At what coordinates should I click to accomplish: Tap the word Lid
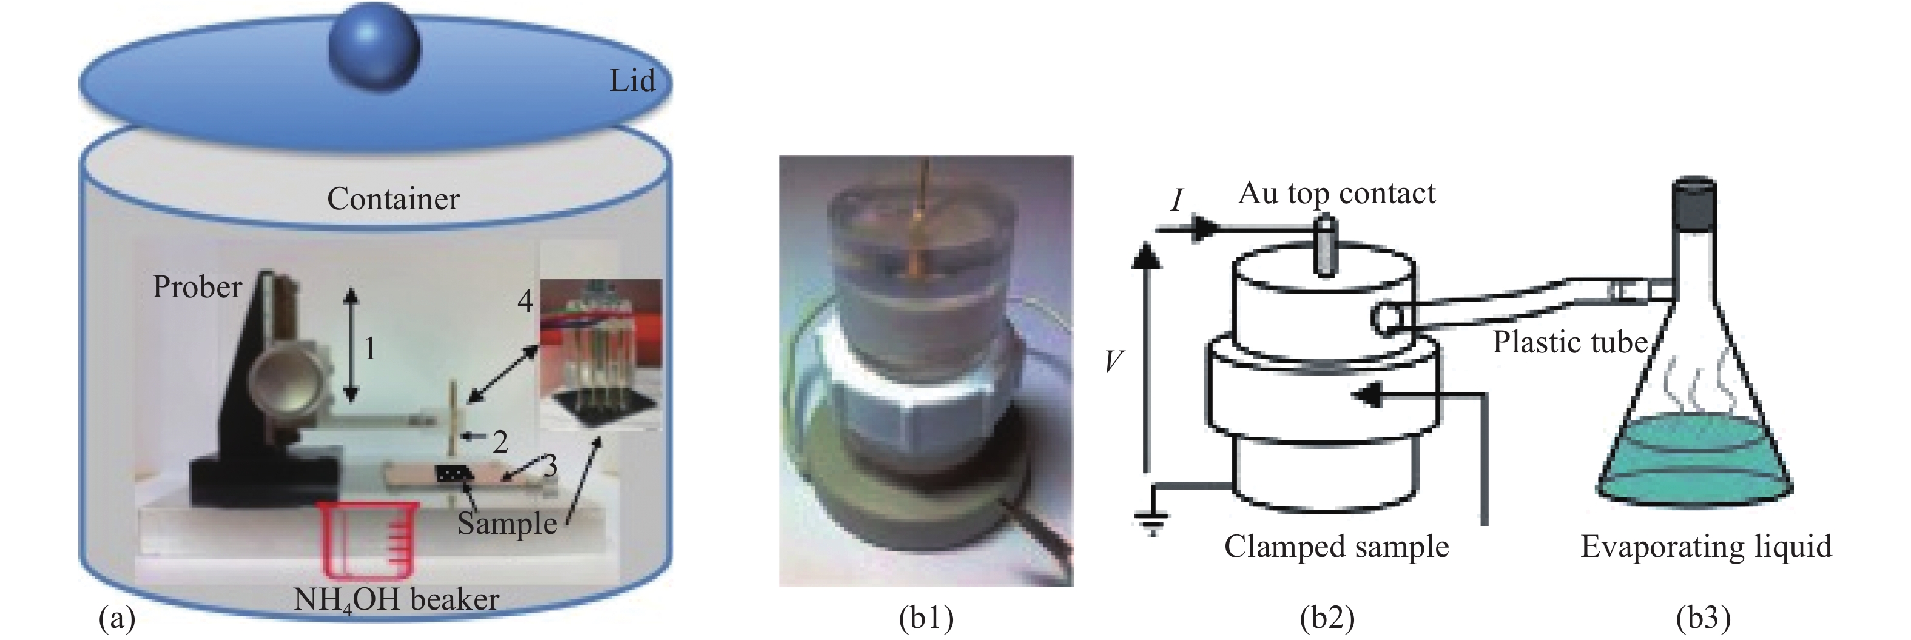632,81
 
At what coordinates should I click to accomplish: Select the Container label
393,199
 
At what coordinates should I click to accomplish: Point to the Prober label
197,287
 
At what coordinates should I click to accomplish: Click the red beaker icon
369,537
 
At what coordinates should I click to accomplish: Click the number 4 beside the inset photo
525,300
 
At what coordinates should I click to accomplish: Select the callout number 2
500,442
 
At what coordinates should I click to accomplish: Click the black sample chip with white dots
454,473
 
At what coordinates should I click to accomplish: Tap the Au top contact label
1337,194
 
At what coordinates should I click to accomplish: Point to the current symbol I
1176,200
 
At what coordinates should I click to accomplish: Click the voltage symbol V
1113,361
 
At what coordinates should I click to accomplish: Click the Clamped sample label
1336,547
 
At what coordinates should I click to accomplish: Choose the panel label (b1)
926,618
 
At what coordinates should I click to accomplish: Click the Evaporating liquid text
1706,547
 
